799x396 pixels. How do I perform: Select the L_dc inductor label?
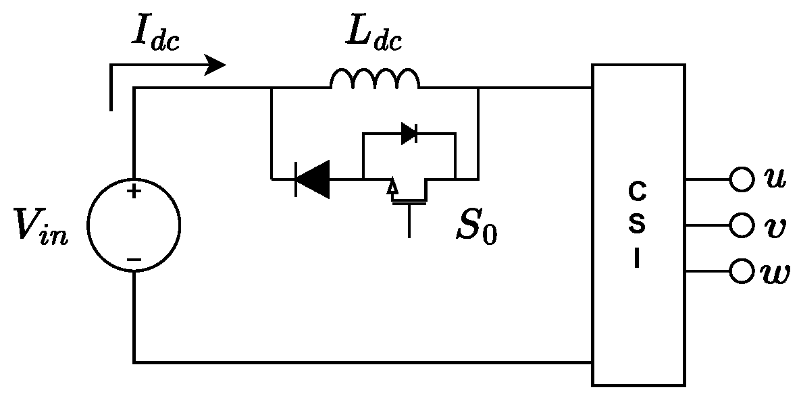pos(373,37)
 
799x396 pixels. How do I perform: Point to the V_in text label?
pos(41,228)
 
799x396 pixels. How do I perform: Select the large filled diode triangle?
pos(313,179)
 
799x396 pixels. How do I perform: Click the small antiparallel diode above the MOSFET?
pos(409,134)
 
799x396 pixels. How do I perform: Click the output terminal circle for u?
pos(742,179)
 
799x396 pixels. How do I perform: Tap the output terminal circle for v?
pos(742,225)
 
